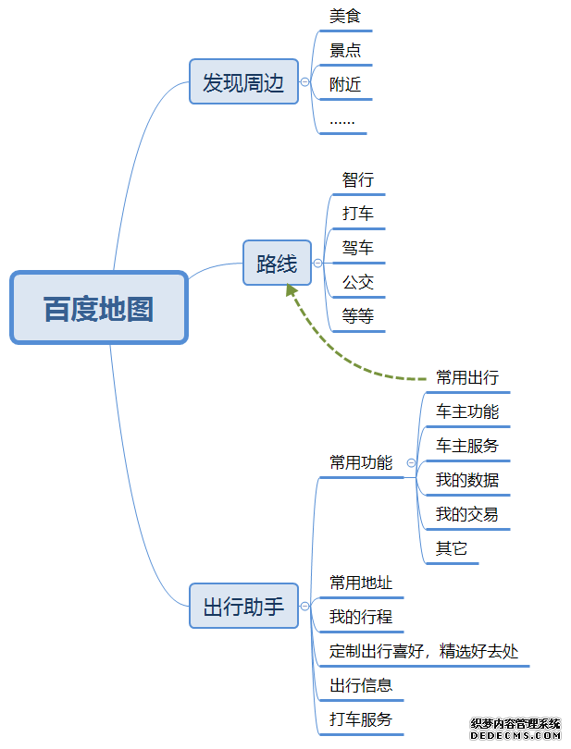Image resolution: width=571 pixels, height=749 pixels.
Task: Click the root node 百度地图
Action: click(x=99, y=308)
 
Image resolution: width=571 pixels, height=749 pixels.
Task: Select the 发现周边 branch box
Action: click(x=243, y=82)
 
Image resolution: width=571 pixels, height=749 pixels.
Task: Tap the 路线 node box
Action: click(x=277, y=264)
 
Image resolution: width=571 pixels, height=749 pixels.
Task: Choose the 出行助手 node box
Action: click(x=243, y=607)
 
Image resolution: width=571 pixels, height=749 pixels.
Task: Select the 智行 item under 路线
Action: click(x=358, y=179)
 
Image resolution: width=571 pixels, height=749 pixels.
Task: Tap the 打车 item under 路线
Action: click(x=358, y=214)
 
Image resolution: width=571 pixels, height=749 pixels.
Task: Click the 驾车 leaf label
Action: click(x=358, y=248)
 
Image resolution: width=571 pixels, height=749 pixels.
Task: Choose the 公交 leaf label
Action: click(x=358, y=282)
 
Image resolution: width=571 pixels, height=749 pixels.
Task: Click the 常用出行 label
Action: click(x=467, y=377)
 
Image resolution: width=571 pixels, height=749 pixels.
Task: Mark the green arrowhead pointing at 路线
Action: click(x=292, y=290)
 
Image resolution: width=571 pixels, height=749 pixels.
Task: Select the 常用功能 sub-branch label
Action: click(x=361, y=462)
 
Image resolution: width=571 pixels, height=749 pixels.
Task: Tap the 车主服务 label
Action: click(x=467, y=446)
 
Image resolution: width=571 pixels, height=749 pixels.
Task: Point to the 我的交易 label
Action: click(x=467, y=514)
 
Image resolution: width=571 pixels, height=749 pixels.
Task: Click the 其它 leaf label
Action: click(x=452, y=548)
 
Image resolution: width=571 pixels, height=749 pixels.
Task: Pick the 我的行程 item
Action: click(x=361, y=617)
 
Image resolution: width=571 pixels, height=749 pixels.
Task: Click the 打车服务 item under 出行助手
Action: click(x=361, y=719)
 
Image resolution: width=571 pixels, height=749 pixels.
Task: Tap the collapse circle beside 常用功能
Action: click(x=411, y=462)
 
